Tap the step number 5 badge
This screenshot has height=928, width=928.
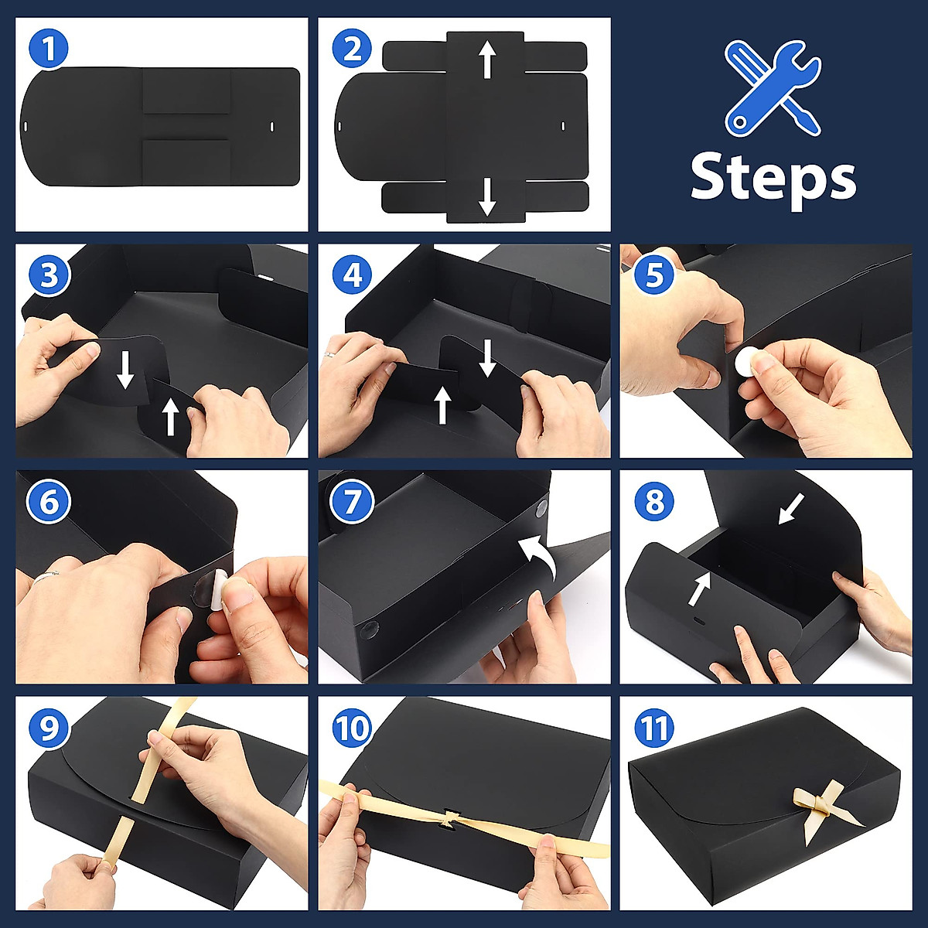click(653, 275)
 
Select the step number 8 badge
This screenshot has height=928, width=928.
click(653, 501)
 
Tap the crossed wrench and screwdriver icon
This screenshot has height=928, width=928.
click(772, 89)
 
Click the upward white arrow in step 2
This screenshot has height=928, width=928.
click(487, 60)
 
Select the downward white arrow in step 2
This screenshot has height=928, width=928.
click(487, 196)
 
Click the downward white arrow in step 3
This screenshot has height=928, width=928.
click(125, 370)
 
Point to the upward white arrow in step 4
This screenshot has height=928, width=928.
click(442, 405)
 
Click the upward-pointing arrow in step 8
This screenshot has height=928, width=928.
click(700, 588)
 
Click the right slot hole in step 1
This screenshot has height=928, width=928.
click(272, 126)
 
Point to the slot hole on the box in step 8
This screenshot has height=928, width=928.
click(699, 621)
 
